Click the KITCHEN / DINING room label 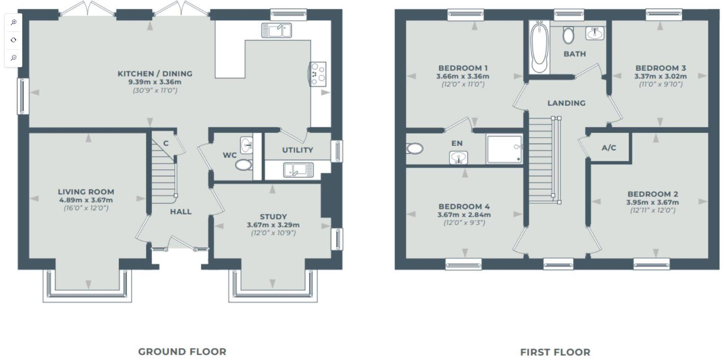point(155,74)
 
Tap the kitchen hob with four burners point(318,74)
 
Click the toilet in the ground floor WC point(244,165)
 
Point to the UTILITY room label point(298,150)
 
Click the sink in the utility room point(298,170)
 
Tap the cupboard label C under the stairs point(166,144)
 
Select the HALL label point(181,212)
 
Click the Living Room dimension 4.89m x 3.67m point(86,200)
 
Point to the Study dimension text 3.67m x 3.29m point(273,225)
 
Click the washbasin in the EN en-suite point(458,157)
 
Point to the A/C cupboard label point(609,148)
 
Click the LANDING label point(566,103)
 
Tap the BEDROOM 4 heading point(464,207)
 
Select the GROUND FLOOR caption point(182,351)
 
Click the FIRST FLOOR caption point(555,352)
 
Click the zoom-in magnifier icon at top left point(14,22)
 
